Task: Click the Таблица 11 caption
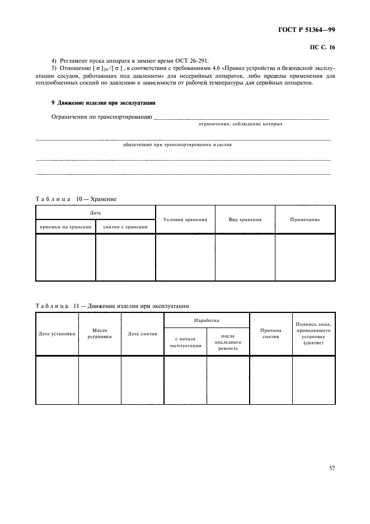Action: click(x=112, y=306)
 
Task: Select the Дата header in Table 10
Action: click(x=96, y=213)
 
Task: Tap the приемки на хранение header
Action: click(x=66, y=227)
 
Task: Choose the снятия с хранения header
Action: click(x=126, y=227)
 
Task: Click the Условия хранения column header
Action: click(x=185, y=219)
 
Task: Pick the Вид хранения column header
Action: click(x=245, y=219)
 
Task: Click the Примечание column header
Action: click(x=305, y=219)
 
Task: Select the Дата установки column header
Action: click(x=57, y=334)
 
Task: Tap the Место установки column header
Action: click(x=100, y=334)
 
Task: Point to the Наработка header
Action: click(x=206, y=320)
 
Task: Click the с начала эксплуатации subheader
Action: click(x=185, y=342)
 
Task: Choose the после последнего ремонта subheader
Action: click(x=228, y=342)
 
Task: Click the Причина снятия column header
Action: click(x=271, y=334)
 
